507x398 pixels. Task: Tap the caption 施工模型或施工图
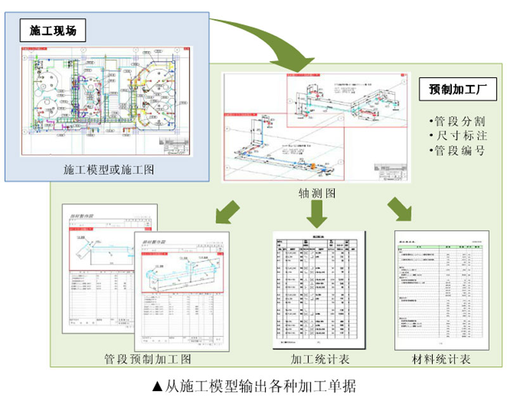click(x=108, y=170)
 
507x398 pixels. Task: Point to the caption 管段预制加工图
click(x=148, y=359)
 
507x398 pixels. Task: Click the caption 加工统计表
click(x=320, y=359)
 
